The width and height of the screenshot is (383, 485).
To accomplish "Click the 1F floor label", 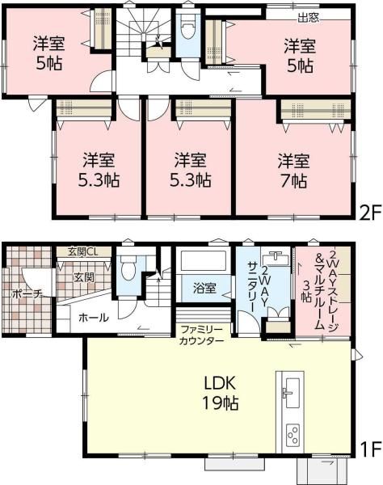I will click(369, 447).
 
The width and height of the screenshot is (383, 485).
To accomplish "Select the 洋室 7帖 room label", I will click(293, 170).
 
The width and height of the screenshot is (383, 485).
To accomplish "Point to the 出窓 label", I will click(307, 15).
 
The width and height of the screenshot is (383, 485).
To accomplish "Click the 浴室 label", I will click(204, 285).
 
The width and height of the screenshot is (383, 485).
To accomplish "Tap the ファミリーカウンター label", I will click(202, 335).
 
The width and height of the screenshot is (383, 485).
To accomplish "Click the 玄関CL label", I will click(83, 251).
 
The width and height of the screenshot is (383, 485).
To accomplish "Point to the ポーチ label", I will click(27, 294).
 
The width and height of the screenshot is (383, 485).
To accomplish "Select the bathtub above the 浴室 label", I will click(204, 261).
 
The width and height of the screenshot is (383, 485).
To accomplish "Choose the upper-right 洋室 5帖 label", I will click(299, 56).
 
